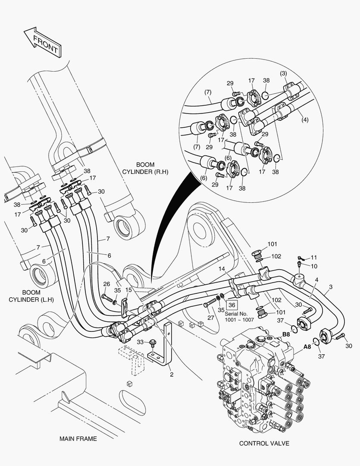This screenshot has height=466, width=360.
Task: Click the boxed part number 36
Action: (x=232, y=305)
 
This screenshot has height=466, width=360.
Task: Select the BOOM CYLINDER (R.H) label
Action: (x=145, y=168)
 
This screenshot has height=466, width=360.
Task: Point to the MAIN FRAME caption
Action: (x=78, y=439)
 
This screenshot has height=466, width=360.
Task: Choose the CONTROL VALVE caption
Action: (x=264, y=443)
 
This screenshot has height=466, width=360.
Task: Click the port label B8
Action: (x=286, y=334)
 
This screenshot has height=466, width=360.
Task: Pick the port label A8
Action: (x=307, y=346)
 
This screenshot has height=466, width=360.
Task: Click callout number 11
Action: (x=313, y=258)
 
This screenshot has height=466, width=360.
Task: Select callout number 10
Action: (x=314, y=266)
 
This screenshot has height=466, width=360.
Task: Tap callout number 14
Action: (x=222, y=269)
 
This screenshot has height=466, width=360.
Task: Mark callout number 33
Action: (x=140, y=342)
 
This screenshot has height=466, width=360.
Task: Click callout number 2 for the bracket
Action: (x=171, y=374)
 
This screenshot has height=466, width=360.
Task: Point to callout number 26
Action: (x=106, y=284)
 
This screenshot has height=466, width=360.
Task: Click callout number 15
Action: (x=128, y=290)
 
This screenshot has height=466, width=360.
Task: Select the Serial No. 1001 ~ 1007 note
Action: (x=239, y=316)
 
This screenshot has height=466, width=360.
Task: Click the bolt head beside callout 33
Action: (x=153, y=343)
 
